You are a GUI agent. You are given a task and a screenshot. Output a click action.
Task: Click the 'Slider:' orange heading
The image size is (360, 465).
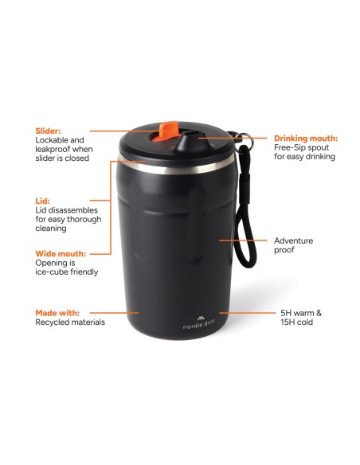48,131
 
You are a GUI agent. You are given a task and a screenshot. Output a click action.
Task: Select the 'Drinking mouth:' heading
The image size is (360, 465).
306,139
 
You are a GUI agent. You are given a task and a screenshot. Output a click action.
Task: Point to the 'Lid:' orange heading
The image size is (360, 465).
43,201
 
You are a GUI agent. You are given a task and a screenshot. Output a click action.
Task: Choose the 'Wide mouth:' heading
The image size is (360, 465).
61,253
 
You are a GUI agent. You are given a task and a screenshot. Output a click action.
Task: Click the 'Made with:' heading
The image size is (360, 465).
57,313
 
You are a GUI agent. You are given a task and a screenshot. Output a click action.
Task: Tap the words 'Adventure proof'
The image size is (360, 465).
293,245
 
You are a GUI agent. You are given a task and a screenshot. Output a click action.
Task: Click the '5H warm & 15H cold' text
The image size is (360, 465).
301,318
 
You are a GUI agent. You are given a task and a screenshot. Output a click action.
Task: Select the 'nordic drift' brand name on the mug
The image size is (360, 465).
199,324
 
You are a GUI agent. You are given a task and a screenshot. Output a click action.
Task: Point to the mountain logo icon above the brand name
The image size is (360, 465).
202,318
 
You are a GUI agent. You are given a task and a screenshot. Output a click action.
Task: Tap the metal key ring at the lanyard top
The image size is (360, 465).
245,141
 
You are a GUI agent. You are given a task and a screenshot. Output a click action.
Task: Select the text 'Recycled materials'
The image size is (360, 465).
70,322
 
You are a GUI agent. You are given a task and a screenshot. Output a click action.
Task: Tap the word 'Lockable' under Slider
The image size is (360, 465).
51,140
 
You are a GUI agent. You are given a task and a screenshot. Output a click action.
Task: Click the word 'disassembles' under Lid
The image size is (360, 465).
72,210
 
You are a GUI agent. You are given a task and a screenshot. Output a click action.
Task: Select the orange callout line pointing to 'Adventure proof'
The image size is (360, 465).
243,240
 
